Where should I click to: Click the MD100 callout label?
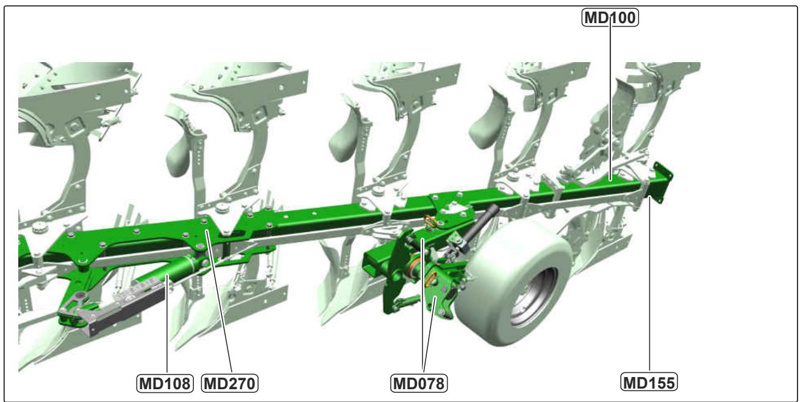610,18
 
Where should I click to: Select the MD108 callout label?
165,384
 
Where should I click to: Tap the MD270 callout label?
230,384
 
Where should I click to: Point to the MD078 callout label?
419,384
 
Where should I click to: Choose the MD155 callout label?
649,383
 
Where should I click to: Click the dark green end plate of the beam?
663,182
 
